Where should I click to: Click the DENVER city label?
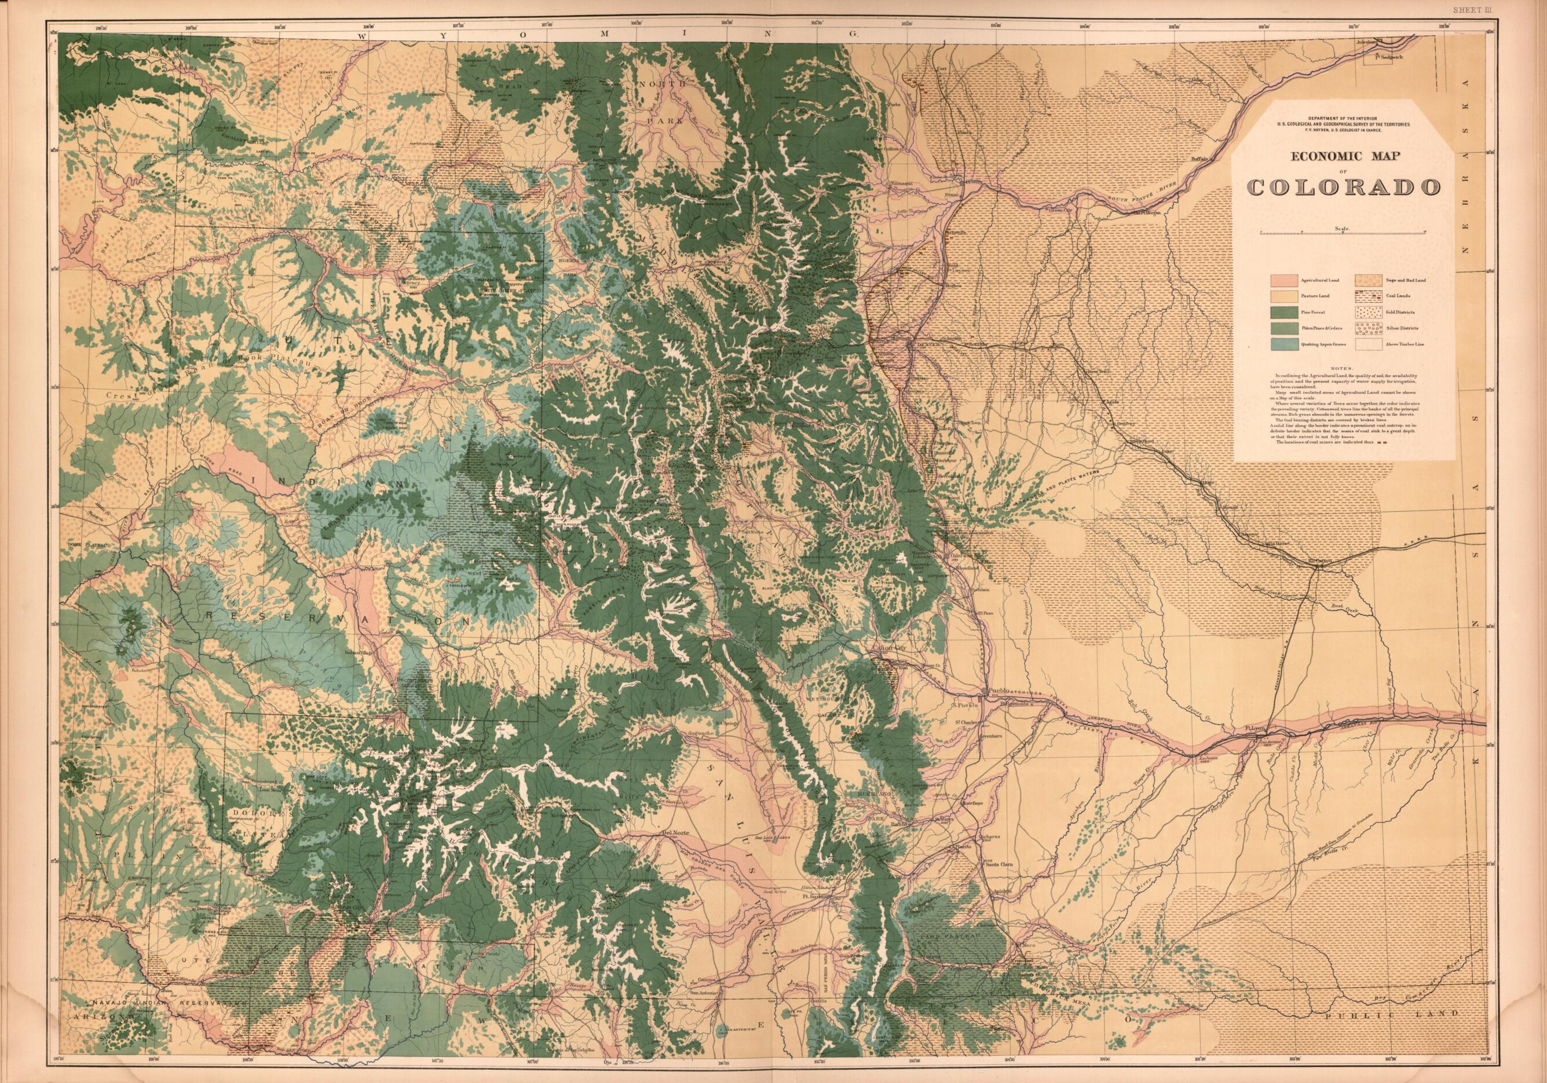[924, 346]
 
